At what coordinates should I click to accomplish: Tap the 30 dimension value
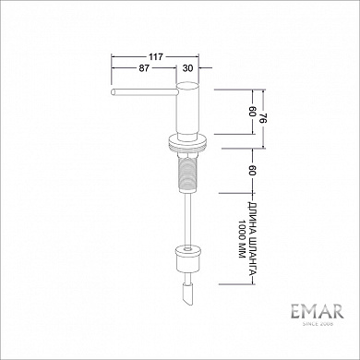point(188,68)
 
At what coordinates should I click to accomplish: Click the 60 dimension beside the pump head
point(250,110)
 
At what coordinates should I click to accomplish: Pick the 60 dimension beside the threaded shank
point(250,170)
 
